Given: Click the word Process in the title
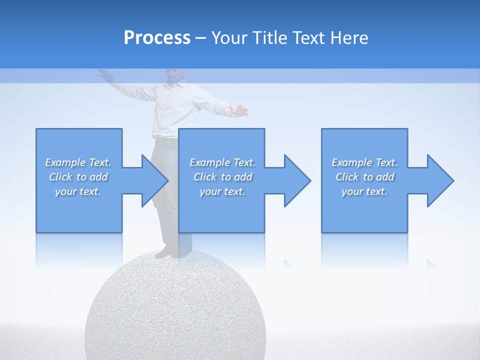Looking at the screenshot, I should point(157,38).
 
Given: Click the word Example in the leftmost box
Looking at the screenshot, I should point(65,162).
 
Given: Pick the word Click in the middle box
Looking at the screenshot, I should point(205,177).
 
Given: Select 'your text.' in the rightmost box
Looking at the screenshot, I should point(364,191).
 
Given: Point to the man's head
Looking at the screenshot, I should point(173,75).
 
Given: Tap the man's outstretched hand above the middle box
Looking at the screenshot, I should point(241,110).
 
